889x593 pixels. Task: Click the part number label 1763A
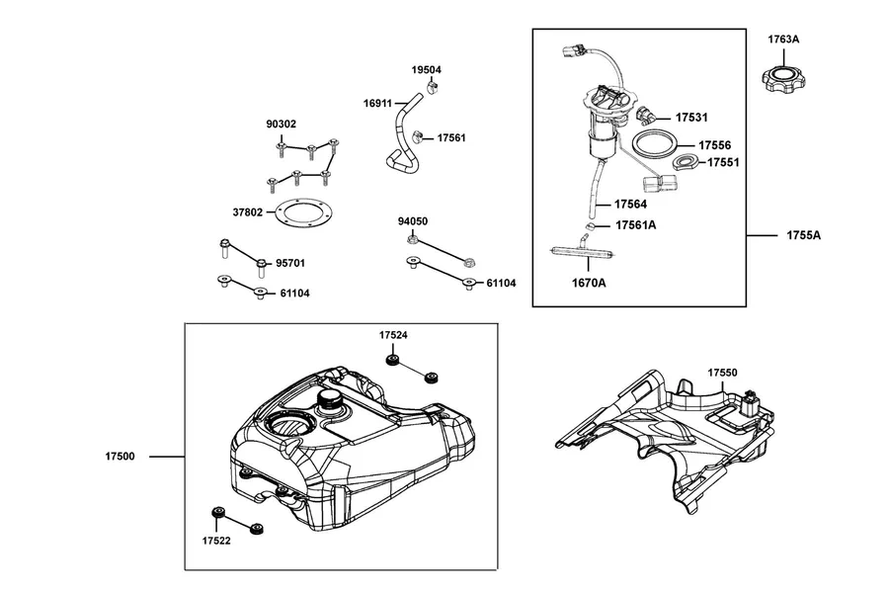pos(783,40)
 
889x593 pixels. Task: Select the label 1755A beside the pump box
pos(803,235)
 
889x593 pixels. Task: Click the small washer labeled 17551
pos(687,163)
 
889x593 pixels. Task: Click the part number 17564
pos(630,204)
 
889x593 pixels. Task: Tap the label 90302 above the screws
pos(282,124)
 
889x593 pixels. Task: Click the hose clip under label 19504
pos(433,87)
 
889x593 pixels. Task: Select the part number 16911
pos(377,103)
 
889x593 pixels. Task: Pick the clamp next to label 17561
pos(419,136)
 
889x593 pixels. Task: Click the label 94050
pos(413,221)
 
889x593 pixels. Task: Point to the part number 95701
pos(290,263)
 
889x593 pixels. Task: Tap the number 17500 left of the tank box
pos(120,457)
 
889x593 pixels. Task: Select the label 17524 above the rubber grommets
pos(393,335)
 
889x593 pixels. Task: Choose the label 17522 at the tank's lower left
pos(216,541)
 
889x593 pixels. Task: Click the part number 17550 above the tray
pos(722,373)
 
